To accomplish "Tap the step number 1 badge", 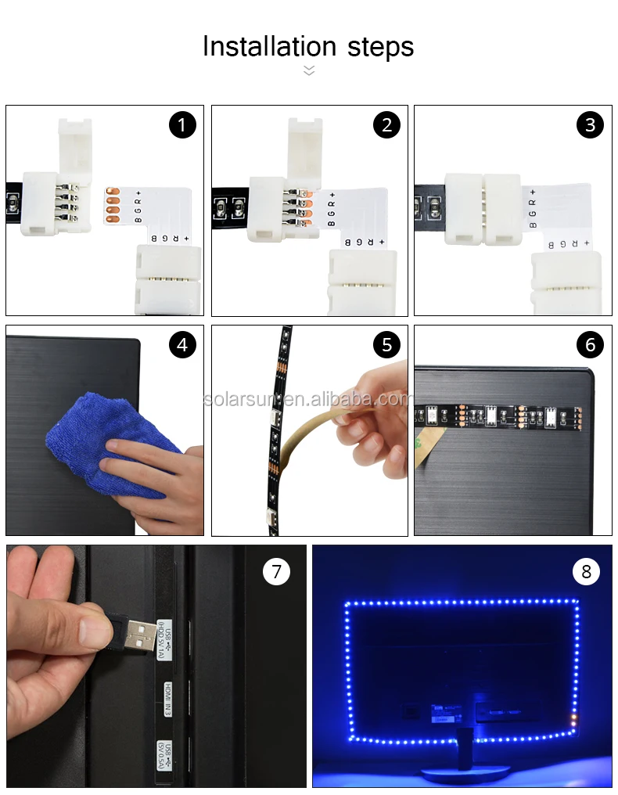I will tap(182, 125).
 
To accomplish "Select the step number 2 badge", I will tap(386, 125).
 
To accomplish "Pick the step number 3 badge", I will tap(590, 125).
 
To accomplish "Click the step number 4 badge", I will tap(182, 345).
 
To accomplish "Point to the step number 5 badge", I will tap(386, 345).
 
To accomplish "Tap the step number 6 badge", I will tap(590, 345).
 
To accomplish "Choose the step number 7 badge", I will tap(276, 571).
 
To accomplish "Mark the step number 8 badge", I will tap(587, 571).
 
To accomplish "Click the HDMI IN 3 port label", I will tap(167, 698).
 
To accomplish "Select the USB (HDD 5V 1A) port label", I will tap(164, 639).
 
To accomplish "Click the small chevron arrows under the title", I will tap(309, 70).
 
